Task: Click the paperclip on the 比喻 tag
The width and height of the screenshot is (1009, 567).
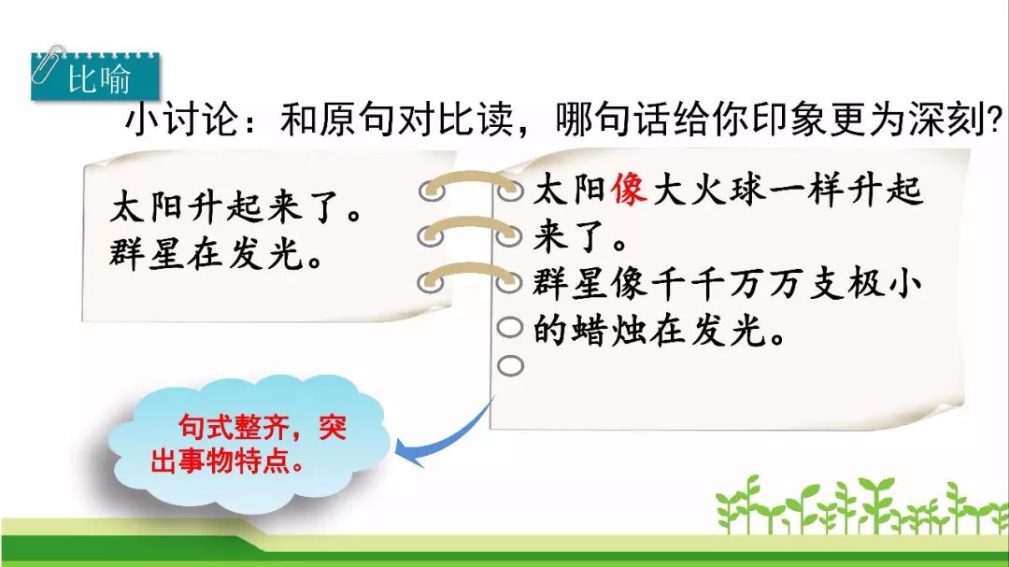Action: [47, 65]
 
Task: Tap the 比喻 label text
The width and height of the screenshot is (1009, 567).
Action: [99, 79]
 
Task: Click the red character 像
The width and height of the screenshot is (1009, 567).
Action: [629, 190]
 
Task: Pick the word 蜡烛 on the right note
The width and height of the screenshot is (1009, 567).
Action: [590, 330]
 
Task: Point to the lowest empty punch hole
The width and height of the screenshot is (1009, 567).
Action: [510, 365]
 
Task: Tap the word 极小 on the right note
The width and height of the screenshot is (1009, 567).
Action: [884, 284]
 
